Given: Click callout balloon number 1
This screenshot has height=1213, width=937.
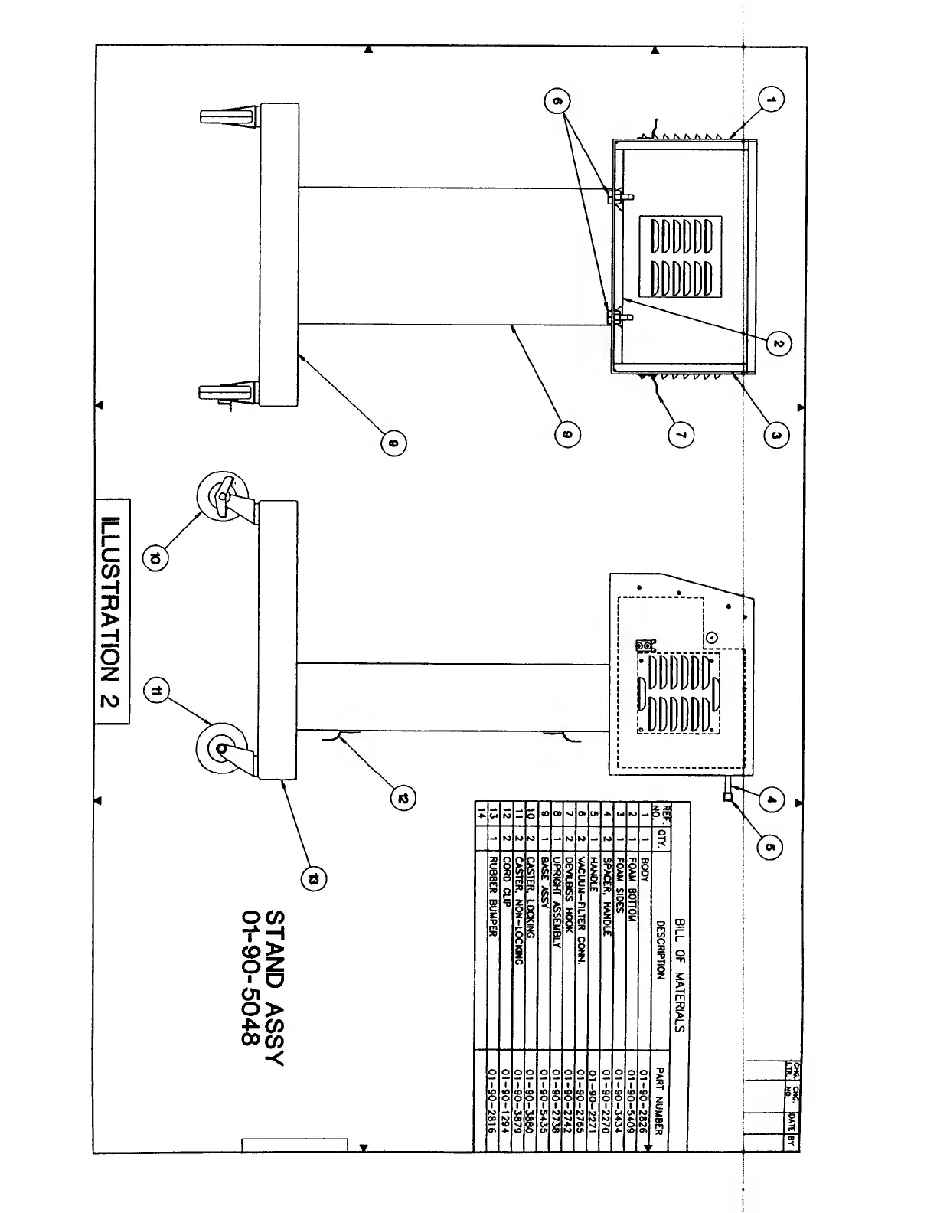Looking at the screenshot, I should click(x=772, y=99).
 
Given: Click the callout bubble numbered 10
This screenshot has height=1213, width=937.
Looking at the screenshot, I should click(x=155, y=559).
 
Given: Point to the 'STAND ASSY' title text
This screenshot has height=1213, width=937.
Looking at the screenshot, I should click(x=274, y=988).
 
